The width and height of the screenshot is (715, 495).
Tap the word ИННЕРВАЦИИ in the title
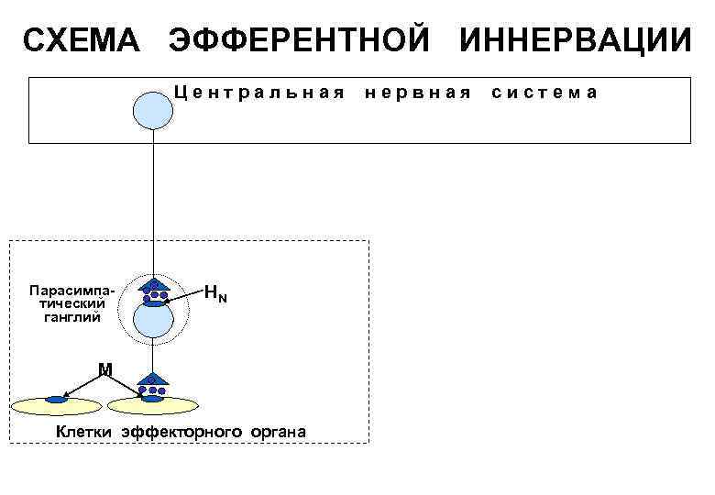point(575,41)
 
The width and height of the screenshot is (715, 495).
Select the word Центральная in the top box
point(259,93)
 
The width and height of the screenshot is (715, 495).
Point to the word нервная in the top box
point(419,93)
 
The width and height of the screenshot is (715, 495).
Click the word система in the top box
point(545,93)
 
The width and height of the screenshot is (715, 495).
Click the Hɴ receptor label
point(215,294)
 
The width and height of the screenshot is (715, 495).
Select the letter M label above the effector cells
point(105,369)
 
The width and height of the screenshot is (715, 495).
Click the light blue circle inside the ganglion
point(153,321)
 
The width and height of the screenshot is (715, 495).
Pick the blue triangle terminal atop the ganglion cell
point(153,285)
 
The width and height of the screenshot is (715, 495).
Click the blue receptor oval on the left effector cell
point(58,400)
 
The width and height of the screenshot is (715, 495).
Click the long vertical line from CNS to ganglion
point(153,202)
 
